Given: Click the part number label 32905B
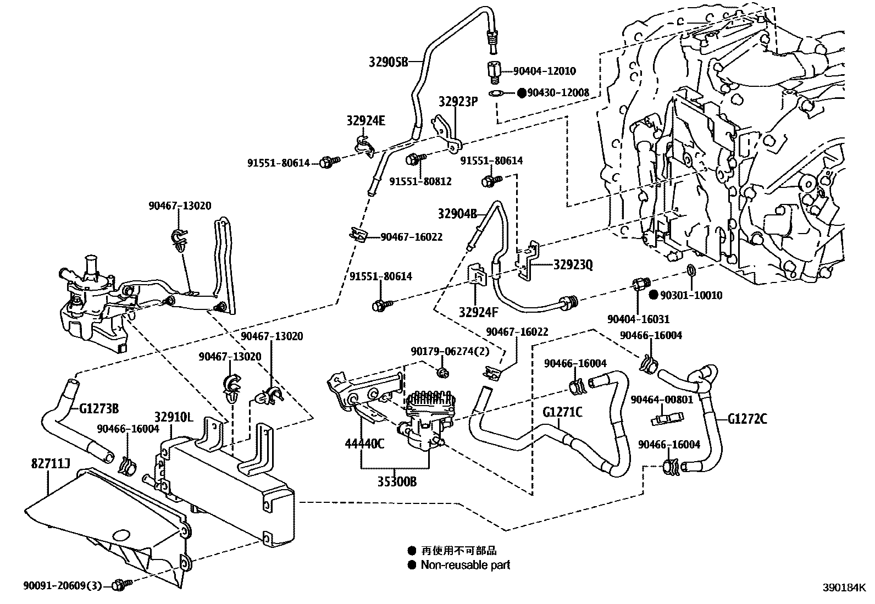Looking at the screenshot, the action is (x=389, y=62).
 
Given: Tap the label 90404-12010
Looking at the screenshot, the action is (x=544, y=71).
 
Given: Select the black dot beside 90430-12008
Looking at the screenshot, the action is (x=522, y=93).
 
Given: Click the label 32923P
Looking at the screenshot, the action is (x=458, y=102).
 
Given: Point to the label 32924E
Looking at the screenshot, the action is (x=365, y=121).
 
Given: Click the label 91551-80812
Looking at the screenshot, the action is (x=420, y=181).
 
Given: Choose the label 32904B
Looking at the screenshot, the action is (x=457, y=213).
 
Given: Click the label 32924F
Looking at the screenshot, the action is (x=478, y=313).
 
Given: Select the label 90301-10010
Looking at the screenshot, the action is (x=691, y=295).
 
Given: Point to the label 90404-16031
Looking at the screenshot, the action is (x=638, y=319).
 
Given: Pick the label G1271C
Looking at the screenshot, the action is (x=562, y=411).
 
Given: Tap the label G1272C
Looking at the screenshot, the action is (x=747, y=419).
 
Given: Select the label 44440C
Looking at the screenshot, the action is (x=365, y=444).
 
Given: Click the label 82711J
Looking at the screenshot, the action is (x=50, y=466).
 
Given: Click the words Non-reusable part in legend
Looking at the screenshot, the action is (x=465, y=564).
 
